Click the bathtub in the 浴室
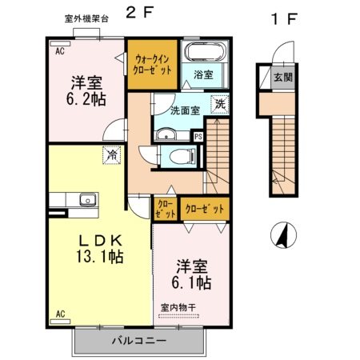pos(206,51)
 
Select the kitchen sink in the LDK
pos(88,199)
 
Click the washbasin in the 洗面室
pos(166,134)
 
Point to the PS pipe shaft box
pos(198,137)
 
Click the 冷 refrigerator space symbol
pos(112,155)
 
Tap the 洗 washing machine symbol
pos(220,104)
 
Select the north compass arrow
pos(283,234)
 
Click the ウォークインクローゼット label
pos(152,64)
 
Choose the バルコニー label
pos(139,341)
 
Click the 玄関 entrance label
pos(283,78)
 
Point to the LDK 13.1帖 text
pos(100,249)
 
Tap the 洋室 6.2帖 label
pos(86,90)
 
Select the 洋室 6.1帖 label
pos(191,274)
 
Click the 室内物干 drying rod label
pos(178,308)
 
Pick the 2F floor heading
pos(139,13)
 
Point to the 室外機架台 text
pos(86,19)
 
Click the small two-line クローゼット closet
pos(166,209)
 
